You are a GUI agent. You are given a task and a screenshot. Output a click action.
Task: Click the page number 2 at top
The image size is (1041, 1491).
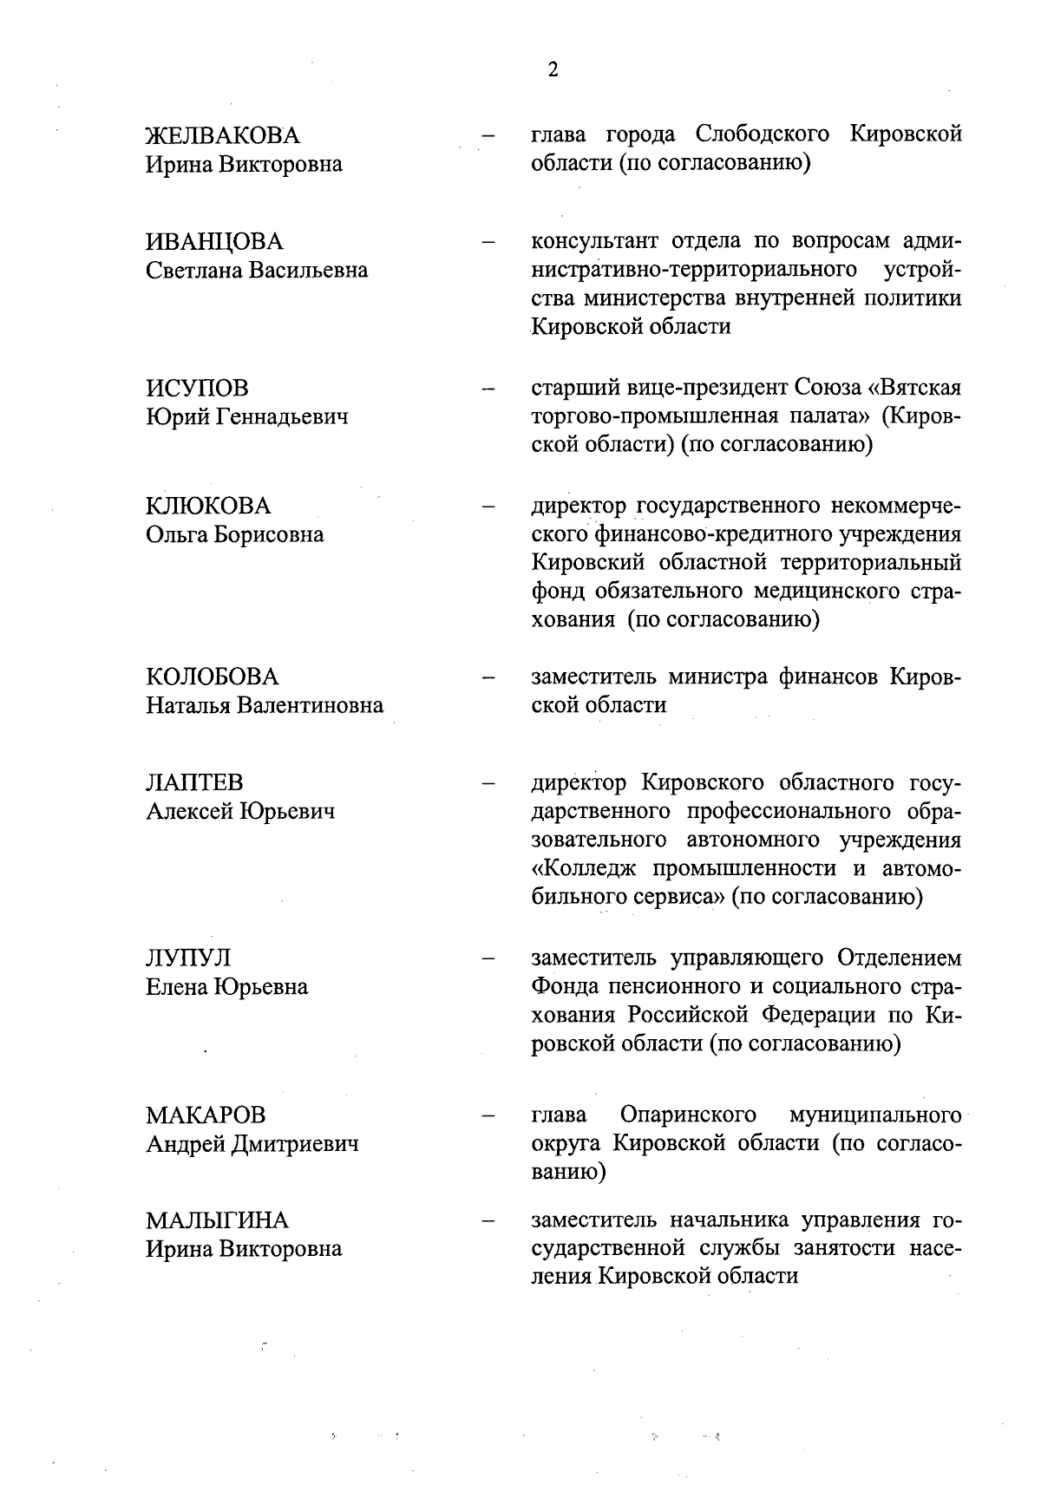pos(553,70)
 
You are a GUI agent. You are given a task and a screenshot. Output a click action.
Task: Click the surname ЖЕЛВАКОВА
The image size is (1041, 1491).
pos(222,135)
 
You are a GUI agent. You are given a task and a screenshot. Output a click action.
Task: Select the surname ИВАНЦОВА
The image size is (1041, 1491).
pos(214,241)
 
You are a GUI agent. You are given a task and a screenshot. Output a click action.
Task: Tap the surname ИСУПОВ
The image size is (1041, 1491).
pos(196,388)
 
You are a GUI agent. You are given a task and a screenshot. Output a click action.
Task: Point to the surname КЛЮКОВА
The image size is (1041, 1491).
pos(208,506)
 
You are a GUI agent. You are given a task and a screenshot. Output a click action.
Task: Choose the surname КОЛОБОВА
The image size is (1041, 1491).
pos(213,677)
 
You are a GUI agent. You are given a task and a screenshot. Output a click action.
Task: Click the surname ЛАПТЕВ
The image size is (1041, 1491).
pos(194,782)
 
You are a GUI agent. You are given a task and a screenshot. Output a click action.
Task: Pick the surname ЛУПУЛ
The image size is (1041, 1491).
pos(188,958)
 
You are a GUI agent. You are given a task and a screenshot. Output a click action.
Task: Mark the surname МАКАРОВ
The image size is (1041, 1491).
pos(206,1115)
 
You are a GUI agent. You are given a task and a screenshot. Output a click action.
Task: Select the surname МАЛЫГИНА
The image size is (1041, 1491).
pos(217,1220)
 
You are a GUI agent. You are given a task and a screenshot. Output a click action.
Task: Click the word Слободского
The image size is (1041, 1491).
pos(762,135)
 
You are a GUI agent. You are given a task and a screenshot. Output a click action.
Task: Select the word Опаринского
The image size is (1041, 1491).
pos(688,1115)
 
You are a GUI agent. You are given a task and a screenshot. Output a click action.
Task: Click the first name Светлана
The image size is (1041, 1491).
pos(193,270)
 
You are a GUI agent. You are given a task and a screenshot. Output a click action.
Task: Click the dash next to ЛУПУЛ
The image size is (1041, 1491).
pos(488,959)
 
